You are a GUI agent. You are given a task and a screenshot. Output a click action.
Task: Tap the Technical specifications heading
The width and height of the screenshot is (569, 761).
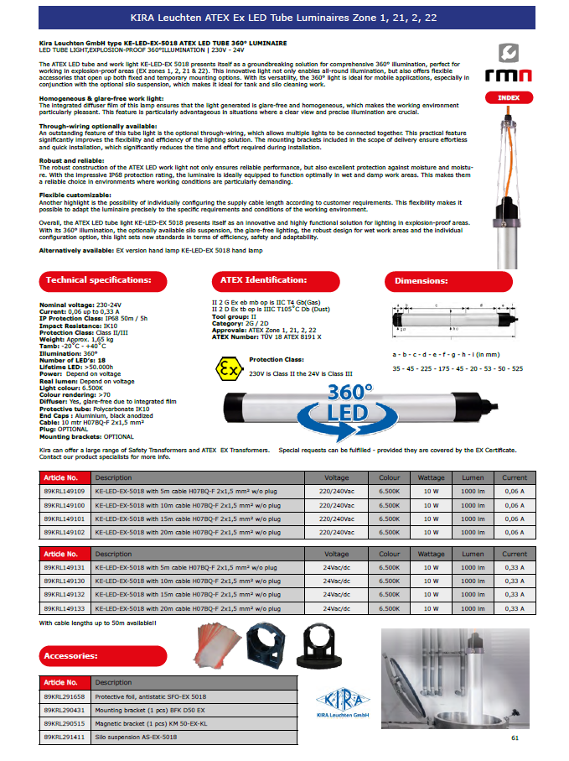[x=98, y=280]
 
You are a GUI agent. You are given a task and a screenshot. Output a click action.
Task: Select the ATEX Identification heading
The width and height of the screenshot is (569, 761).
[x=274, y=280]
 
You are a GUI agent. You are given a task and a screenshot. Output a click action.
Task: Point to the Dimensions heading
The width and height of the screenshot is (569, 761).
[x=445, y=281]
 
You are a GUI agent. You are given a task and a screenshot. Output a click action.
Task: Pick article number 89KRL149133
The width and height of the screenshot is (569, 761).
[x=64, y=608]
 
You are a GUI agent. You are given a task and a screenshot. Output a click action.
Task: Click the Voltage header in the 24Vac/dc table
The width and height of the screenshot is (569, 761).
[x=337, y=555]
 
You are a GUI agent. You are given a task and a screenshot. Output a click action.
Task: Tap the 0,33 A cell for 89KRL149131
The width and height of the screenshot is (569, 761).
[x=515, y=568]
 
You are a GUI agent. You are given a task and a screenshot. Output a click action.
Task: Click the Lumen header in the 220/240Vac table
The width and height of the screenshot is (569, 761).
[x=473, y=477]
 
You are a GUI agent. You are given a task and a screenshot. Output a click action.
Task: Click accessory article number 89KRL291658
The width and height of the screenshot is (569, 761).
[x=64, y=696]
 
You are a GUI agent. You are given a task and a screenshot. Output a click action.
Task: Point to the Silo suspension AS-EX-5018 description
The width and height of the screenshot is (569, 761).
[x=136, y=737]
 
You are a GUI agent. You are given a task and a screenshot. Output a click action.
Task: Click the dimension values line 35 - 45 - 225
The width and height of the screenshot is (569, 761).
[x=458, y=368]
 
